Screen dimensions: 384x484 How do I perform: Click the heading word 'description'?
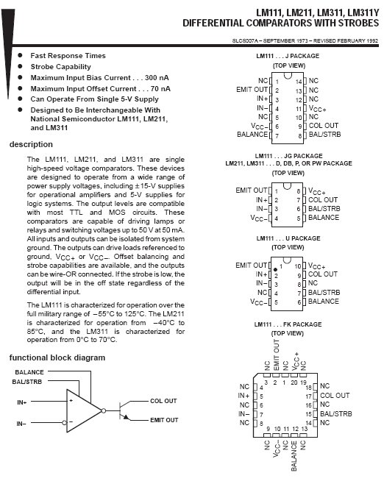[31, 144]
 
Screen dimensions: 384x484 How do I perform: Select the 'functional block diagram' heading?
[57, 357]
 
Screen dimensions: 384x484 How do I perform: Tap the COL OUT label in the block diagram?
[163, 401]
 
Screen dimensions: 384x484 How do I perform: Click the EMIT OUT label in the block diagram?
[164, 420]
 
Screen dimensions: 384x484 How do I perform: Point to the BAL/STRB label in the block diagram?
[27, 382]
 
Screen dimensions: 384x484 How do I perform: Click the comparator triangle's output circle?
[104, 411]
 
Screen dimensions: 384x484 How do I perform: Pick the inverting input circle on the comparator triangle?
[65, 422]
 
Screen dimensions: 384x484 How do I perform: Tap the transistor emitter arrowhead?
[126, 417]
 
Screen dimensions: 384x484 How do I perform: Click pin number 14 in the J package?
[299, 82]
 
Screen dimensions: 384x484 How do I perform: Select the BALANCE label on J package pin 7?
[252, 135]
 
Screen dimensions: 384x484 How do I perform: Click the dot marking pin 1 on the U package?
[275, 269]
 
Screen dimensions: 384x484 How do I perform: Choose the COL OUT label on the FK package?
[335, 396]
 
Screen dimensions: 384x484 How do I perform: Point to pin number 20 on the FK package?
[294, 382]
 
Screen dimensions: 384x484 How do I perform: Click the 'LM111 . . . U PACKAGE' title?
[288, 238]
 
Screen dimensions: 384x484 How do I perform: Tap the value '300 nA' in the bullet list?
[157, 78]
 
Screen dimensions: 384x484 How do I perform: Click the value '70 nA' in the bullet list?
[160, 89]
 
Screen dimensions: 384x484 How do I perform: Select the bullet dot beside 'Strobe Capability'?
[21, 66]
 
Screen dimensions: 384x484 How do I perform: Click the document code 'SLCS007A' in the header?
[245, 40]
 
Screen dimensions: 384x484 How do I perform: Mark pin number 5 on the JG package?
[299, 218]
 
